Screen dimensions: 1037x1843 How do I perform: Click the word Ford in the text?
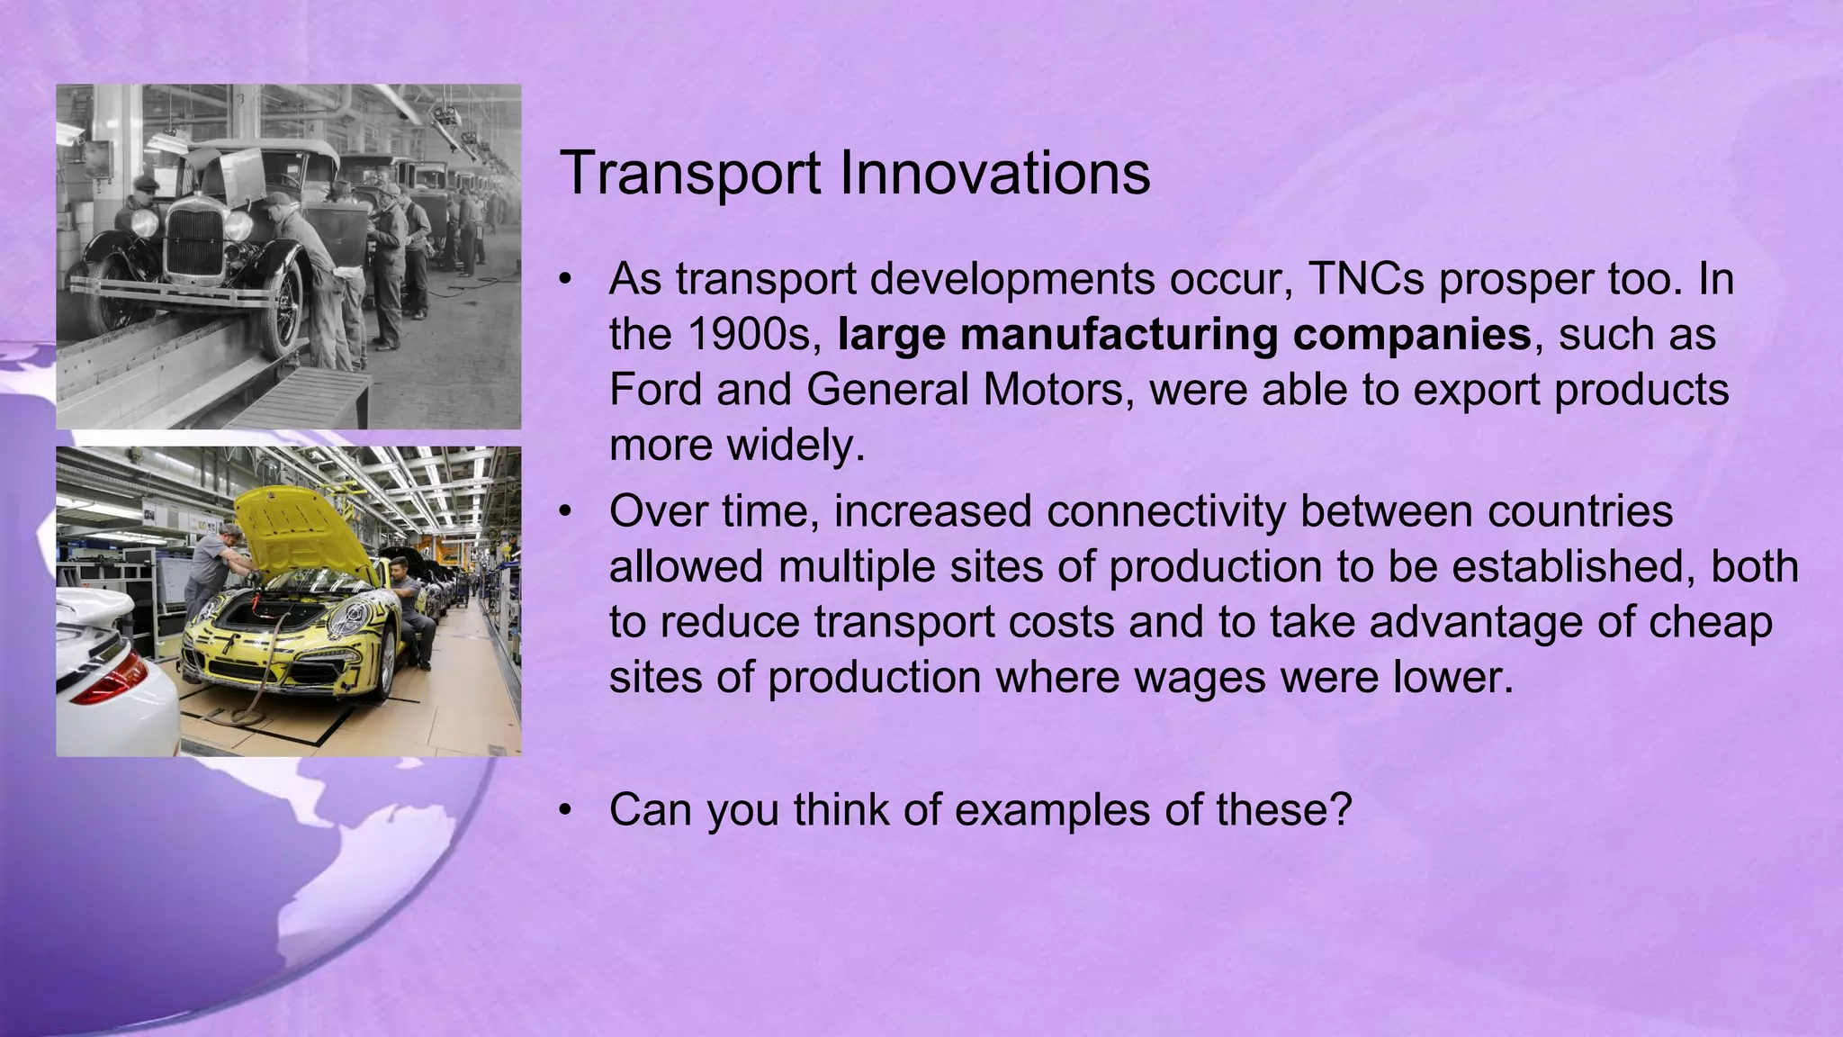point(653,390)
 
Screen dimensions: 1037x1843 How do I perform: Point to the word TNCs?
point(1365,279)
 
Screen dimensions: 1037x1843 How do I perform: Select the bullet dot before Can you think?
point(564,809)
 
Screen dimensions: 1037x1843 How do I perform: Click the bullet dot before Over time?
point(564,511)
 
